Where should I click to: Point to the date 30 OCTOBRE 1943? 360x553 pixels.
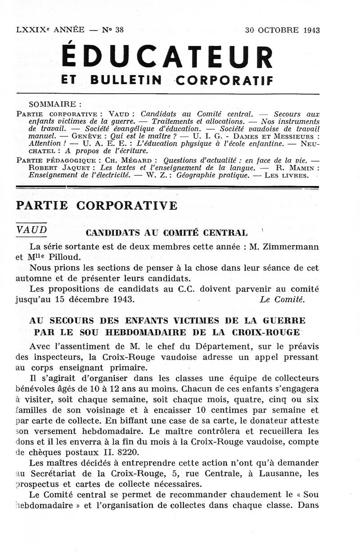coord(282,30)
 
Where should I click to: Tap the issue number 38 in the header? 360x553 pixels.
coord(119,30)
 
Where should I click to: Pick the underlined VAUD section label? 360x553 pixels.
coord(31,230)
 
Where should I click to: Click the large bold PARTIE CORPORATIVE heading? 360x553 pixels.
coord(97,206)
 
